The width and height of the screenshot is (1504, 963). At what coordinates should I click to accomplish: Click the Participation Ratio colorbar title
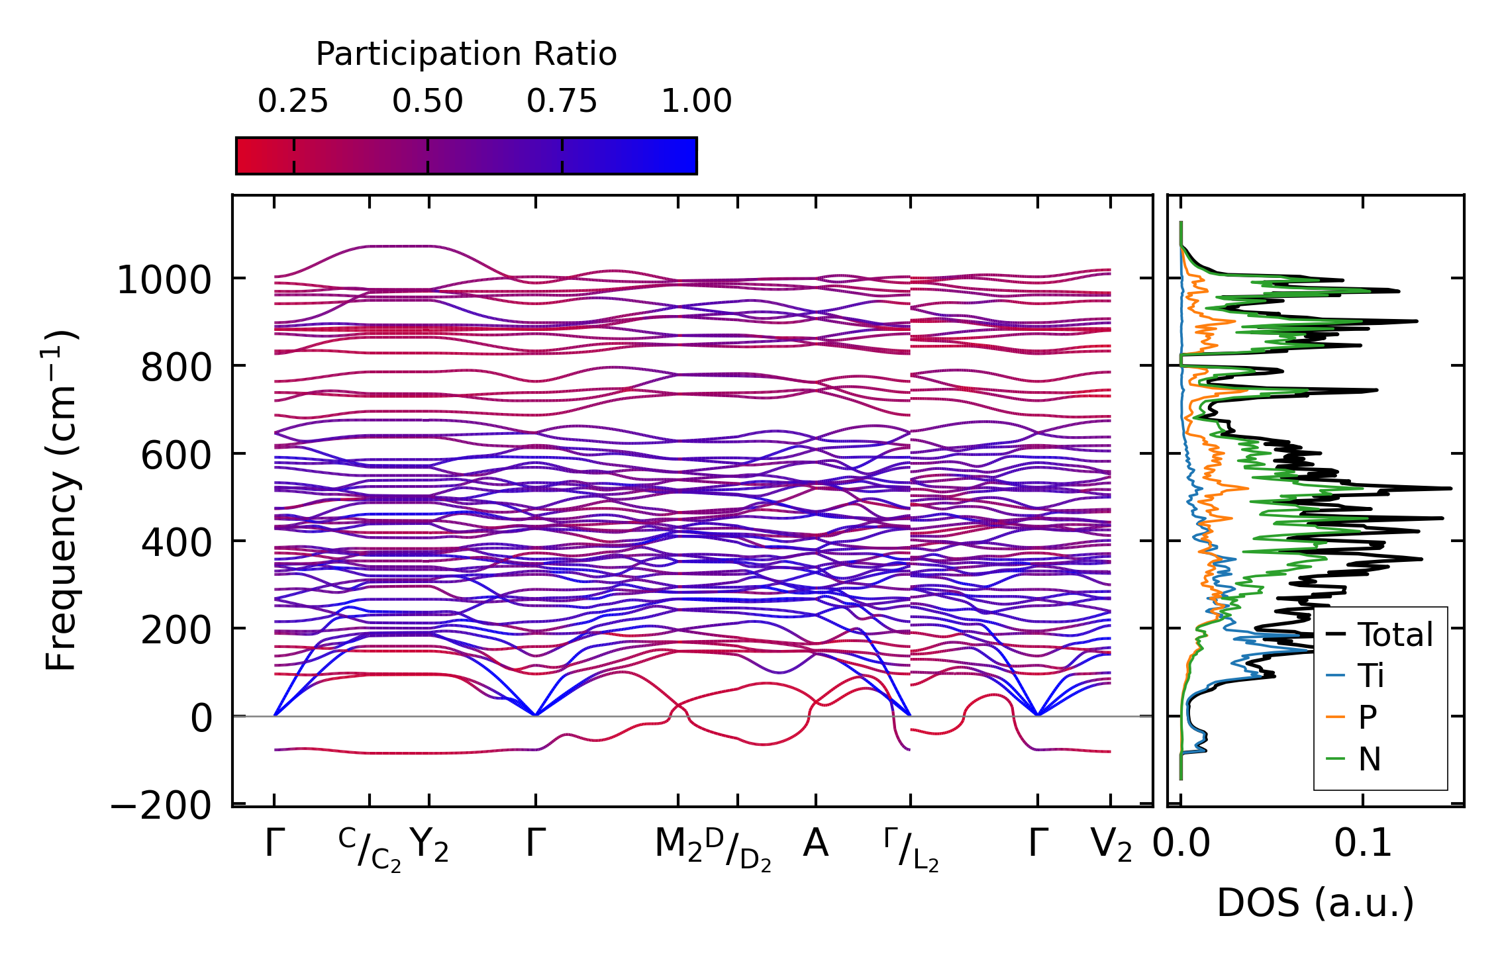(x=466, y=54)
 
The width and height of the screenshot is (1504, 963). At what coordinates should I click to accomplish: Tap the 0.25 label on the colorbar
(x=293, y=101)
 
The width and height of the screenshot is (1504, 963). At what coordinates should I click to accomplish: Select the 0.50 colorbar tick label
(x=427, y=101)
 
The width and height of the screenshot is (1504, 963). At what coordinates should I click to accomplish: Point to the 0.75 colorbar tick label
(x=562, y=101)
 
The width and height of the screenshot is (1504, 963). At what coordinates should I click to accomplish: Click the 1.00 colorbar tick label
(x=696, y=101)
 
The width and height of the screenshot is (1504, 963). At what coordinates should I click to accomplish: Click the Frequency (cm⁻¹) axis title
(x=62, y=500)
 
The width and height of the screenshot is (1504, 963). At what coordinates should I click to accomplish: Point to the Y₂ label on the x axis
(x=429, y=845)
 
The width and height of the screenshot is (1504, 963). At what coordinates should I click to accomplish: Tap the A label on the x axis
(x=815, y=844)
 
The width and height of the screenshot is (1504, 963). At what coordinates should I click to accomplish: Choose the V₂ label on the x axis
(x=1111, y=845)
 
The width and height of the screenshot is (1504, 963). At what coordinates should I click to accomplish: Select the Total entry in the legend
(x=1395, y=635)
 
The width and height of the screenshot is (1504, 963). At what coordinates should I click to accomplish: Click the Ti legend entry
(x=1371, y=676)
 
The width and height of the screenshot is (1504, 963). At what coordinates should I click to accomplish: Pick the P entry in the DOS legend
(x=1368, y=717)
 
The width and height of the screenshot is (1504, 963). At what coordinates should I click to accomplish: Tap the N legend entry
(x=1369, y=758)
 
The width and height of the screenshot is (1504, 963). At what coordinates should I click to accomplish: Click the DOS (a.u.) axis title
(x=1315, y=903)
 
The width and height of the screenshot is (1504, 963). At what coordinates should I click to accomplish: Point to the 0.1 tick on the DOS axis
(x=1362, y=844)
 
